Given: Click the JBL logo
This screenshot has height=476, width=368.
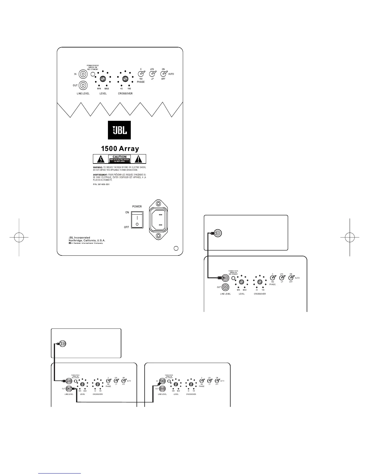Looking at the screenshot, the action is [x=119, y=130].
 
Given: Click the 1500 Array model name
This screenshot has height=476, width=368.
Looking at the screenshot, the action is [x=120, y=148].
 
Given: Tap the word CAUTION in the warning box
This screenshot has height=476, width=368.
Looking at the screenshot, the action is [x=119, y=157].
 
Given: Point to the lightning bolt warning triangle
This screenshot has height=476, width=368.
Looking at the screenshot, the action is [x=102, y=159].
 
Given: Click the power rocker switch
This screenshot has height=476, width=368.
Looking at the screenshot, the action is [x=137, y=219].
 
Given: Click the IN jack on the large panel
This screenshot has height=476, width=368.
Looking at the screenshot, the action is [x=83, y=74].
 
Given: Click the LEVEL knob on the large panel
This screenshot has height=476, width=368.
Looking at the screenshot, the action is [x=103, y=79].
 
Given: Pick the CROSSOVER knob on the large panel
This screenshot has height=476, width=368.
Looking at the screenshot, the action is [x=125, y=79].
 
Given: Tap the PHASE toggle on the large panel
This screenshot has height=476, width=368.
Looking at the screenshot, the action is [x=141, y=74].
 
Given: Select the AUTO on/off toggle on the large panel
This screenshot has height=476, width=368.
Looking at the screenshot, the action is [x=163, y=74].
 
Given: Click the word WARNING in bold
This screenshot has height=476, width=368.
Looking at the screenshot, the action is [x=98, y=167].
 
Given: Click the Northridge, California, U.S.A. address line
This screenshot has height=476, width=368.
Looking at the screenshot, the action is [x=87, y=241].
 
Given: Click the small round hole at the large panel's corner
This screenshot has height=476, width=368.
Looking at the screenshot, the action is [x=176, y=248].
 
